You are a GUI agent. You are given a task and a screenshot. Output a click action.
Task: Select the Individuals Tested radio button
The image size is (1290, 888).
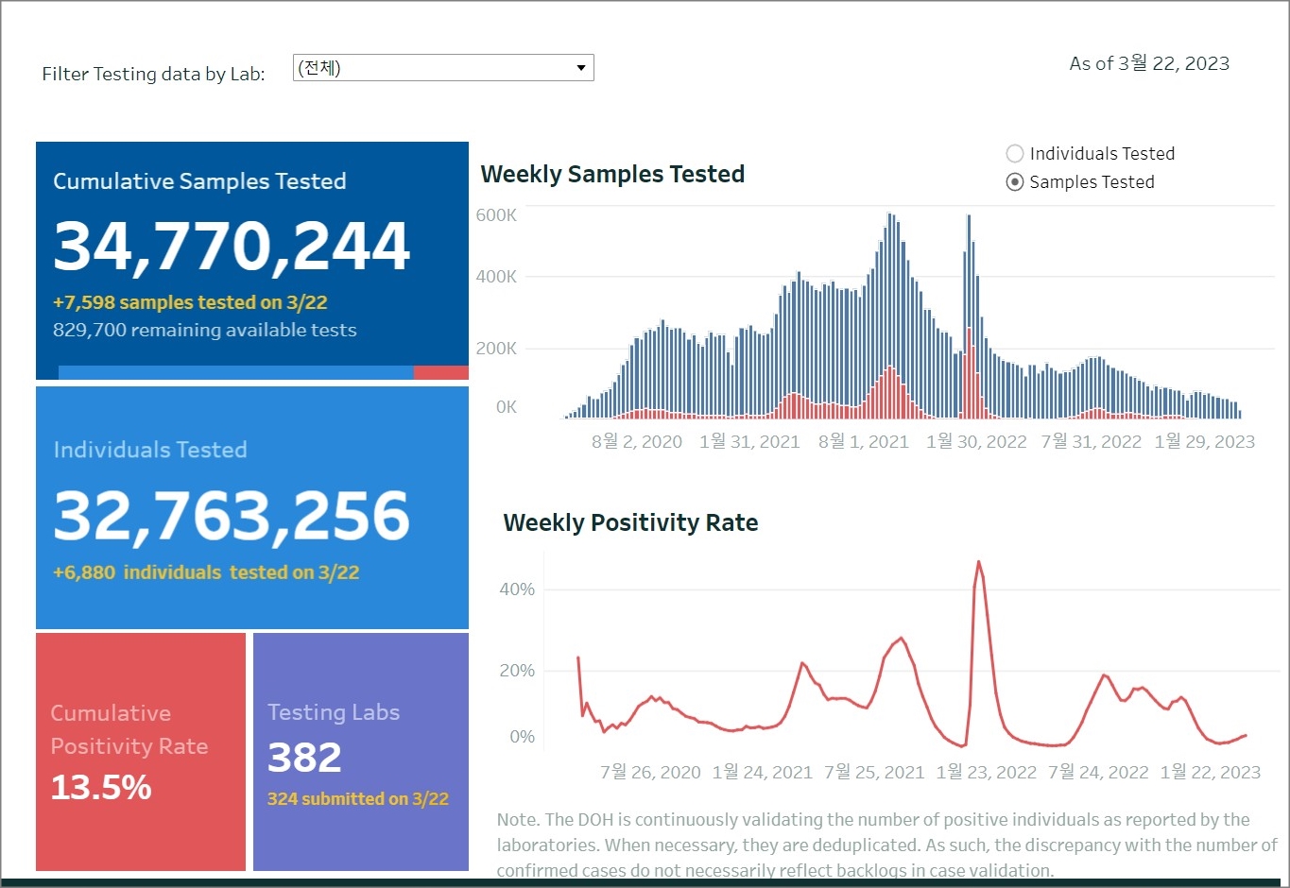coord(1015,154)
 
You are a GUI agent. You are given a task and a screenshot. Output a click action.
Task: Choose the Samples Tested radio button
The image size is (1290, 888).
coord(1015,182)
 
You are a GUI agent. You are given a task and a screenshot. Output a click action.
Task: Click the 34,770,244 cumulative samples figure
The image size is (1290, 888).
coord(232,247)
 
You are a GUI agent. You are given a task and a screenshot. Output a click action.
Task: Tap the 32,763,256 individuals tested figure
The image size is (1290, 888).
coord(232,516)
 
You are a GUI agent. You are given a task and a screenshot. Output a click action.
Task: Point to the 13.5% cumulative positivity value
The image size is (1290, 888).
coord(101,787)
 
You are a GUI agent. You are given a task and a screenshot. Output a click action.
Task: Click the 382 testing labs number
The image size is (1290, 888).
coord(304,757)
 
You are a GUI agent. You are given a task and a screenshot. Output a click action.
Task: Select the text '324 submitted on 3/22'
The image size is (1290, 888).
coord(357,799)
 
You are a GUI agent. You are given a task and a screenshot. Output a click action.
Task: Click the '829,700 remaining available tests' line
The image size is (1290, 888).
coord(204,330)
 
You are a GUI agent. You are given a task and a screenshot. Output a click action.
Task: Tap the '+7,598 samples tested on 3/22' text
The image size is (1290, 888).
coord(190,302)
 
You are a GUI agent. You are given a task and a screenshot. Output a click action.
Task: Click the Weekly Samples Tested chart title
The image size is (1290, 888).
coord(612,174)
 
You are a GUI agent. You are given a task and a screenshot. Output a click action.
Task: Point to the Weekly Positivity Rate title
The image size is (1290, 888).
coord(630,522)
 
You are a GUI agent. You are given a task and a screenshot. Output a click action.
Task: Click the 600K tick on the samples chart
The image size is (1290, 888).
coord(496,215)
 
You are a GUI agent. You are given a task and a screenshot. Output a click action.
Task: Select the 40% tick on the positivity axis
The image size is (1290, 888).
coord(517,589)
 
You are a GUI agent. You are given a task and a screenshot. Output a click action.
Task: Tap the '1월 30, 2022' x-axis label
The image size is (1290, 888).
coord(975,441)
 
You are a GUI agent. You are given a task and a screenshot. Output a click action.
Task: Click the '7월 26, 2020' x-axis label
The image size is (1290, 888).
coord(650,772)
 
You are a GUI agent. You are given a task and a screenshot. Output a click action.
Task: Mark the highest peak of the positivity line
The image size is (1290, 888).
coord(978,563)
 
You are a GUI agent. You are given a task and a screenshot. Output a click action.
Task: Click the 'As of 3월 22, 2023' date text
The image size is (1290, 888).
coord(1149,63)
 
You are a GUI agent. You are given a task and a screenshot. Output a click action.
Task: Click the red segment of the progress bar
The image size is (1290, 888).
coord(440,372)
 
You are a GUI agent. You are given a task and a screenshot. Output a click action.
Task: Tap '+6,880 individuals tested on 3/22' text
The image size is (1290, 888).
coord(206,572)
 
